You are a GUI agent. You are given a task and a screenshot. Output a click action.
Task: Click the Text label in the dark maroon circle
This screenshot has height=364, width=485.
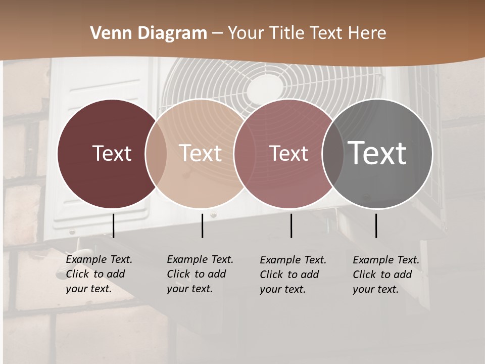coord(112,153)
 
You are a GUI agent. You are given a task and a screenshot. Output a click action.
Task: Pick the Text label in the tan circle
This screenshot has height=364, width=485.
coord(200,153)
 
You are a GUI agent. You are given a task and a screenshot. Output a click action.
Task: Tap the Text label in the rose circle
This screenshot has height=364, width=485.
coord(288,153)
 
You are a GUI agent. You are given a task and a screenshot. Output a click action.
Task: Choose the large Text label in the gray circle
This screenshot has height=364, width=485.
coord(377,153)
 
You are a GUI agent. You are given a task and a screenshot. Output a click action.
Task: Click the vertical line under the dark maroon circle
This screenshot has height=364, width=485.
coord(114,225)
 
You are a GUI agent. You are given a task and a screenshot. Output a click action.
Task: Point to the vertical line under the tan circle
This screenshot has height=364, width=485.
coord(202,225)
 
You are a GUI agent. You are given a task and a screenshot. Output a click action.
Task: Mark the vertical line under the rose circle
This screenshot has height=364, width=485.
coord(291,225)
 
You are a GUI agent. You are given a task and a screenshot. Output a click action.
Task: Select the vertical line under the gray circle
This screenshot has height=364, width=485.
coord(376,225)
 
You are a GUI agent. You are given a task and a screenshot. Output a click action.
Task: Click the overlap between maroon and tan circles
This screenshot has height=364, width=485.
coord(156,153)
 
